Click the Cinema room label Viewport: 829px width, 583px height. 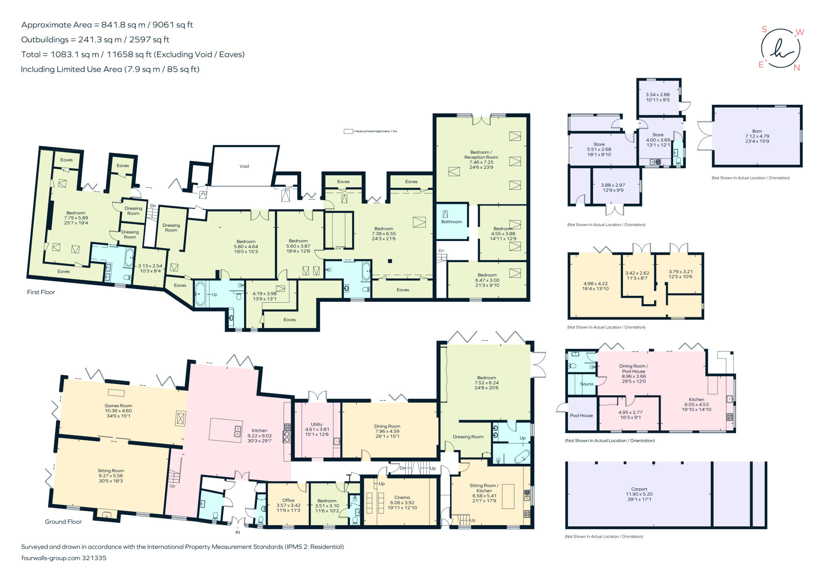tap(402, 497)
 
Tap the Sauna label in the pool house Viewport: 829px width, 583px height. tap(587, 384)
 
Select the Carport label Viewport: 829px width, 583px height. tap(639, 489)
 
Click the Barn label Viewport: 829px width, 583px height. tap(757, 131)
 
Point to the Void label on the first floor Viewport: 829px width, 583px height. tap(244, 166)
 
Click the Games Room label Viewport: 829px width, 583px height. tap(118, 406)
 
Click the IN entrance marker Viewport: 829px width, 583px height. tap(238, 532)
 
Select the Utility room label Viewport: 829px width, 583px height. tap(317, 424)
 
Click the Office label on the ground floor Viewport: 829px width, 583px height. tap(288, 500)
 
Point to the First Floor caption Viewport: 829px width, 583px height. tap(41, 292)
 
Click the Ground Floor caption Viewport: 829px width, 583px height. tap(63, 522)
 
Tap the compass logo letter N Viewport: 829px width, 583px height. tap(797, 68)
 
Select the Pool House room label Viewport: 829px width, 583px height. tap(581, 416)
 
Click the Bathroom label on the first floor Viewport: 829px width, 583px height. tap(451, 222)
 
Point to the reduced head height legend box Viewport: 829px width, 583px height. tap(348, 131)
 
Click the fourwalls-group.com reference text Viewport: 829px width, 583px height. tap(64, 558)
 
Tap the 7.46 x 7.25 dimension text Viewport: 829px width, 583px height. tap(481, 162)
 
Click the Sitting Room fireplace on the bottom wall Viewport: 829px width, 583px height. tap(107, 515)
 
